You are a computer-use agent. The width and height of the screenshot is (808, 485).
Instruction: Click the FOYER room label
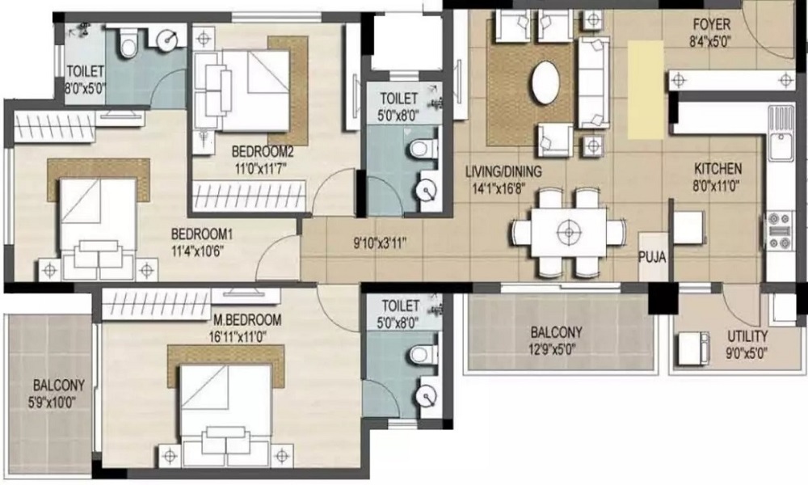point(711,24)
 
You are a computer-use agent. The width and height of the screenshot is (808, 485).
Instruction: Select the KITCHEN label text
point(718,169)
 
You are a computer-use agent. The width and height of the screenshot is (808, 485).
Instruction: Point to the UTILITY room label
point(747,336)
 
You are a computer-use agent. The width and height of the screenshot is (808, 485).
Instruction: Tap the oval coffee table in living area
point(547,83)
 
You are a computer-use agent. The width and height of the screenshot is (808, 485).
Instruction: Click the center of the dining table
point(570,232)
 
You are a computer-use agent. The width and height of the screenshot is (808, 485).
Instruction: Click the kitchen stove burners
point(780,230)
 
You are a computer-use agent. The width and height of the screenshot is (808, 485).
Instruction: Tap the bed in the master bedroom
point(226,404)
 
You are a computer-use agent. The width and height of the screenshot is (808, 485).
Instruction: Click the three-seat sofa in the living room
point(594,81)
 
